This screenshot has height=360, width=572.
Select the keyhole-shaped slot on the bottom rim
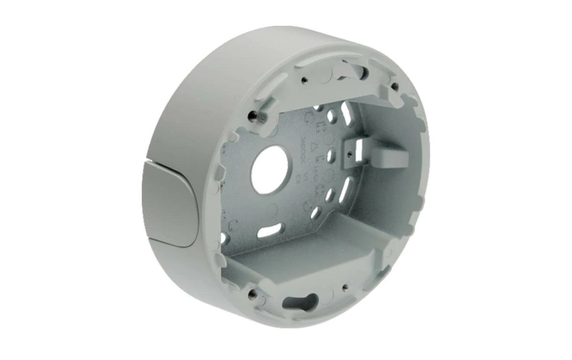300,302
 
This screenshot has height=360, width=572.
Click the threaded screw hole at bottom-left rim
253,294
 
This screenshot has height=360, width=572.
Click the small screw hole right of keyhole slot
345,287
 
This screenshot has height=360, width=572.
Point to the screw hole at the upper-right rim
394,86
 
